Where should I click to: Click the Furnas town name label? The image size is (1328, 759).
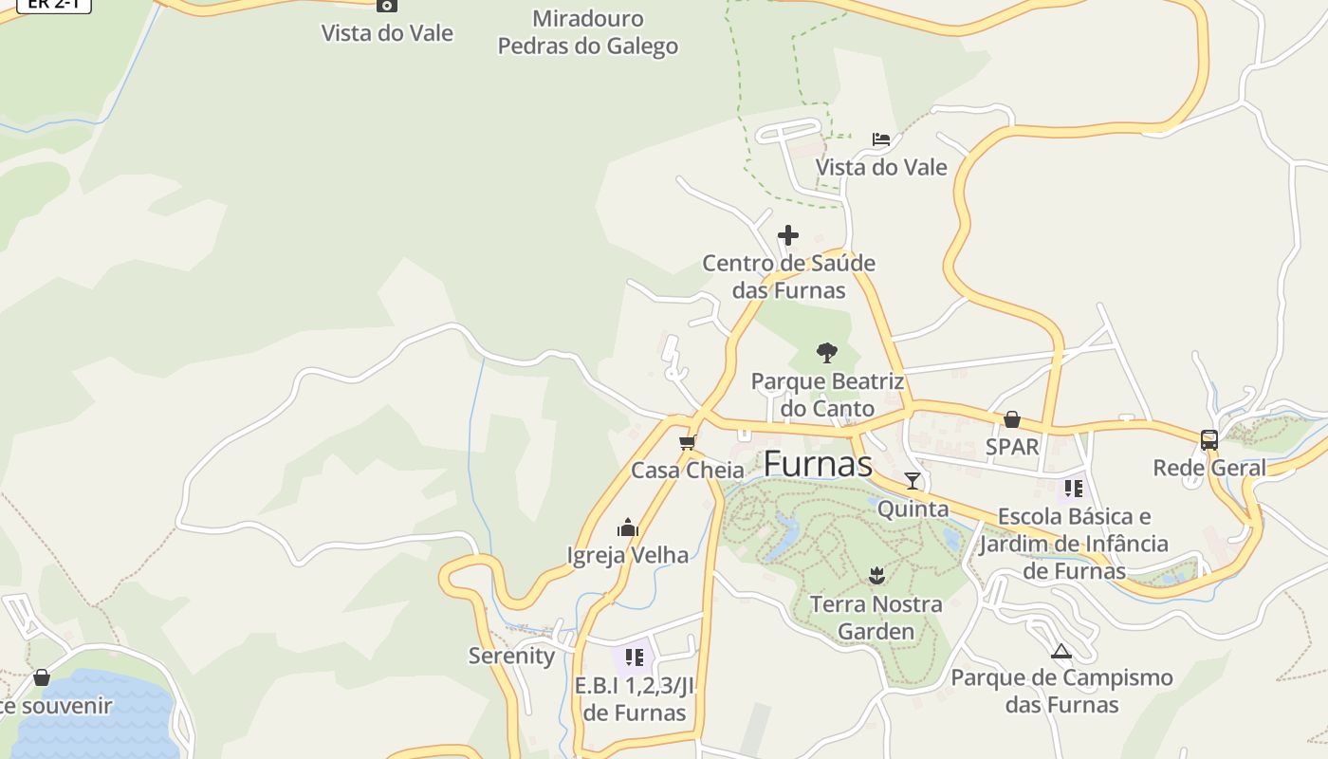[818, 464]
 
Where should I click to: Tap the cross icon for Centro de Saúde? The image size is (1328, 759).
[788, 234]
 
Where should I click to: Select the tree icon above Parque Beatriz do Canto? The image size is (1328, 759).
[827, 353]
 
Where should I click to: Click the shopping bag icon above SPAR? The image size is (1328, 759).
[1012, 419]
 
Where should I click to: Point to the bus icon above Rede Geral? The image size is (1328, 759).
[1209, 440]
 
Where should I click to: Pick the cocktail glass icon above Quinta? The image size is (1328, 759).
[913, 481]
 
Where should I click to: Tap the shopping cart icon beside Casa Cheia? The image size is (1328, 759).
[688, 443]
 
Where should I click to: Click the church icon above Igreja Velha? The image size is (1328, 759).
[628, 528]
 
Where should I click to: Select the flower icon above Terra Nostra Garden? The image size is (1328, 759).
[876, 575]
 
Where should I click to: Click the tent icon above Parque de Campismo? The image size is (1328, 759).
[1061, 651]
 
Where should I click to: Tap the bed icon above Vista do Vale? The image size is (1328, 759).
[881, 139]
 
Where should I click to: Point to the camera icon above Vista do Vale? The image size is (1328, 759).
[386, 6]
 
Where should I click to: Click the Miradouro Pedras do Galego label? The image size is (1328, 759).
[588, 32]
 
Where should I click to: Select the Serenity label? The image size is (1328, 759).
[511, 656]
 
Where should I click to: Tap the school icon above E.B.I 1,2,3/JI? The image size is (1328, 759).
[635, 657]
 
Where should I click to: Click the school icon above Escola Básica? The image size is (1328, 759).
[1073, 489]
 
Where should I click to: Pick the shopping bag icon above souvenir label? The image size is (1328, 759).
[42, 677]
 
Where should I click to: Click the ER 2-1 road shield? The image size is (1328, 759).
[54, 4]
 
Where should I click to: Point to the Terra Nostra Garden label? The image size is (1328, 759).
[876, 618]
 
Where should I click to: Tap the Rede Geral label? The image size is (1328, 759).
[1209, 468]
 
